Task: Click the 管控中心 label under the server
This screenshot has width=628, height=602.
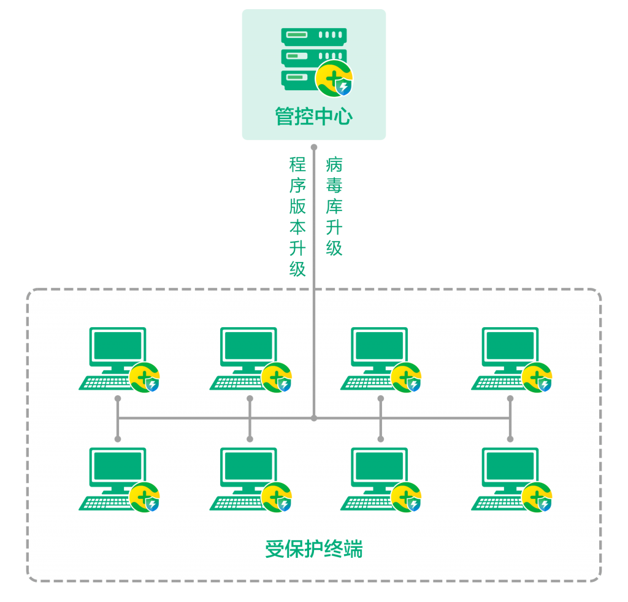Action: tap(313, 117)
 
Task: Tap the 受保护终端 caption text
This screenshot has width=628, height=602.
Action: tap(313, 549)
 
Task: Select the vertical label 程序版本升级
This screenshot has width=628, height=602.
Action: tap(297, 217)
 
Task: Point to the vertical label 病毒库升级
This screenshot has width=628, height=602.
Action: tap(334, 206)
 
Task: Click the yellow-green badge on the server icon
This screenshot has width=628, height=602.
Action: tap(334, 79)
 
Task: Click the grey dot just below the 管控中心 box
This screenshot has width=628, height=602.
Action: tap(314, 147)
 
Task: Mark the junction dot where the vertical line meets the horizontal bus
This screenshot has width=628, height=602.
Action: tap(314, 418)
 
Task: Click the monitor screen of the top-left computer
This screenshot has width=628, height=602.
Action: tap(117, 345)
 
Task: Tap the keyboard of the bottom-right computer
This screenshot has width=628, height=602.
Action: tap(499, 503)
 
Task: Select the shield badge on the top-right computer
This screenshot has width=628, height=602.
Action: tap(537, 377)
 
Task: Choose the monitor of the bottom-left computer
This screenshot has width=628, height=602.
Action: tap(117, 466)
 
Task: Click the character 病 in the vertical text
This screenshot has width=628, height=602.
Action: tap(334, 164)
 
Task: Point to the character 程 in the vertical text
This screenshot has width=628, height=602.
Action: tap(297, 164)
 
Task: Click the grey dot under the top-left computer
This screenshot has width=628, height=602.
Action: tap(118, 398)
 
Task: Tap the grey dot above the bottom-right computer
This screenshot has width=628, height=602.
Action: tap(510, 439)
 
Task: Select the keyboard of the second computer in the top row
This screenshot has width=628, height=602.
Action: tap(237, 382)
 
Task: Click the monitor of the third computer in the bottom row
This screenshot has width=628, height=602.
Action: tap(379, 466)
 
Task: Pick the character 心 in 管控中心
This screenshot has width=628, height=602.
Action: tap(343, 117)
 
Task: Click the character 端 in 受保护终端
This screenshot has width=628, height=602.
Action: tap(353, 549)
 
